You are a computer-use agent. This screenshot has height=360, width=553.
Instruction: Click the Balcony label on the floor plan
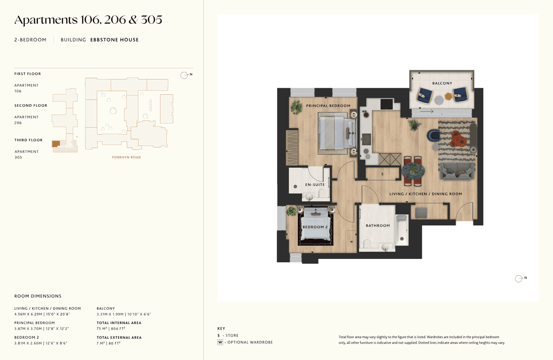(x=442, y=83)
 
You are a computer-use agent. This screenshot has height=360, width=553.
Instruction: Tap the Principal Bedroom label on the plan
(x=328, y=106)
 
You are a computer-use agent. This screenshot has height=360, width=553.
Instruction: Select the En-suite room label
(x=315, y=184)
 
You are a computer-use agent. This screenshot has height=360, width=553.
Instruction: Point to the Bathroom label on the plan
(x=378, y=225)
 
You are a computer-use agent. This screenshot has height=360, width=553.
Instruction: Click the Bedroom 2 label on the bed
(x=315, y=227)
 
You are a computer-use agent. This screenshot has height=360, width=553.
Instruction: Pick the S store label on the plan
(x=382, y=174)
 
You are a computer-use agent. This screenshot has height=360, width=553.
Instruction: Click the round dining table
(x=413, y=171)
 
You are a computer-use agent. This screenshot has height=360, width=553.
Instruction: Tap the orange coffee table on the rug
(x=459, y=139)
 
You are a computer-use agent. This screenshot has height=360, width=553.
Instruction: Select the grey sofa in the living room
(x=457, y=171)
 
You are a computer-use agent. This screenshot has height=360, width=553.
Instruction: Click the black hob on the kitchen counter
(x=387, y=104)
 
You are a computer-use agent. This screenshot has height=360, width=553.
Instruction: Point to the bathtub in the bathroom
(x=402, y=230)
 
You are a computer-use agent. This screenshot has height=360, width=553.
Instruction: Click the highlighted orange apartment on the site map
(x=56, y=144)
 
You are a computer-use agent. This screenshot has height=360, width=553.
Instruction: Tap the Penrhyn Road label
(x=126, y=157)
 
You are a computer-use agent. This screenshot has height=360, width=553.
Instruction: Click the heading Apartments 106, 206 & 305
(x=88, y=20)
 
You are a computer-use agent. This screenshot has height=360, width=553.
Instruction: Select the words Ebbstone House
(x=114, y=40)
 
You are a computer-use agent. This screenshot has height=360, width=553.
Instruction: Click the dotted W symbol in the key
(x=220, y=342)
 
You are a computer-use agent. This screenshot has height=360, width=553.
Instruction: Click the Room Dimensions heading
(x=38, y=296)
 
